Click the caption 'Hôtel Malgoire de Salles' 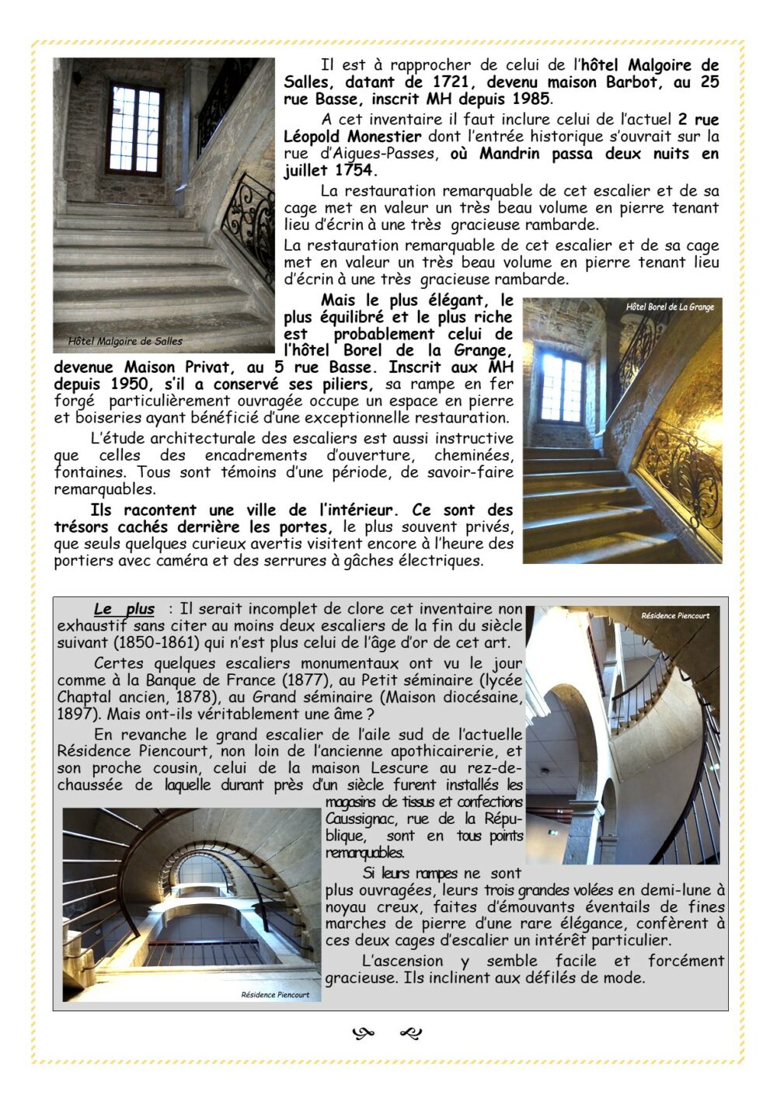[125, 341]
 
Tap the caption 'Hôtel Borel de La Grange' [670, 307]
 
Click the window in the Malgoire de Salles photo [134, 130]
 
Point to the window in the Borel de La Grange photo [562, 388]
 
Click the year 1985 [531, 99]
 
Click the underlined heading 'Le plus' [124, 610]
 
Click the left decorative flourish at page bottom [363, 1034]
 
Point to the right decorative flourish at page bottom [410, 1034]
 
